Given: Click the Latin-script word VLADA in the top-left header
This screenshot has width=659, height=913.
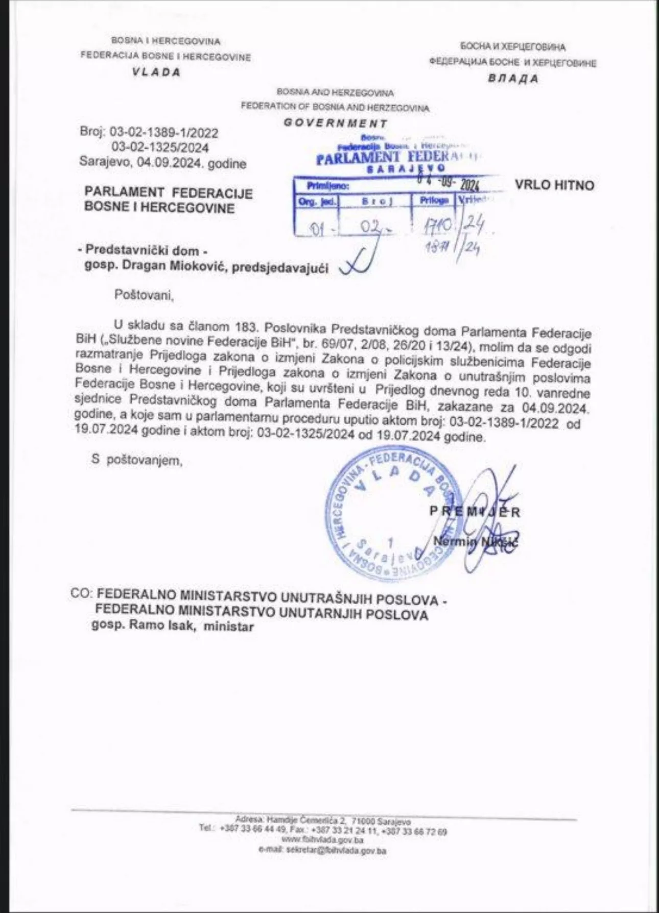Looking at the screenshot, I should click(156, 72).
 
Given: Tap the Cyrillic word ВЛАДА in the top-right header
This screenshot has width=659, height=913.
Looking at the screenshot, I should click(512, 79).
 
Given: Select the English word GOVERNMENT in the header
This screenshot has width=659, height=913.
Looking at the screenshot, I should click(335, 123).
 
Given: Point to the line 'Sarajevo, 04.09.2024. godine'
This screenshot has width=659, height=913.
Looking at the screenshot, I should click(162, 163).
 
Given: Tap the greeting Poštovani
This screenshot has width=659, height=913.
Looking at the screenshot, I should click(144, 295).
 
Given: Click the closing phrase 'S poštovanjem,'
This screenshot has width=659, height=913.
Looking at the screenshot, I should click(136, 460).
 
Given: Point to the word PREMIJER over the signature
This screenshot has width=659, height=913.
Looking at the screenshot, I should click(475, 511).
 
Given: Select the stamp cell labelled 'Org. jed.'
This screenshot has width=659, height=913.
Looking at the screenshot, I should click(317, 201).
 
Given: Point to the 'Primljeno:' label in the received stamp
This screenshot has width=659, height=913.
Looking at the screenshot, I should click(327, 186).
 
